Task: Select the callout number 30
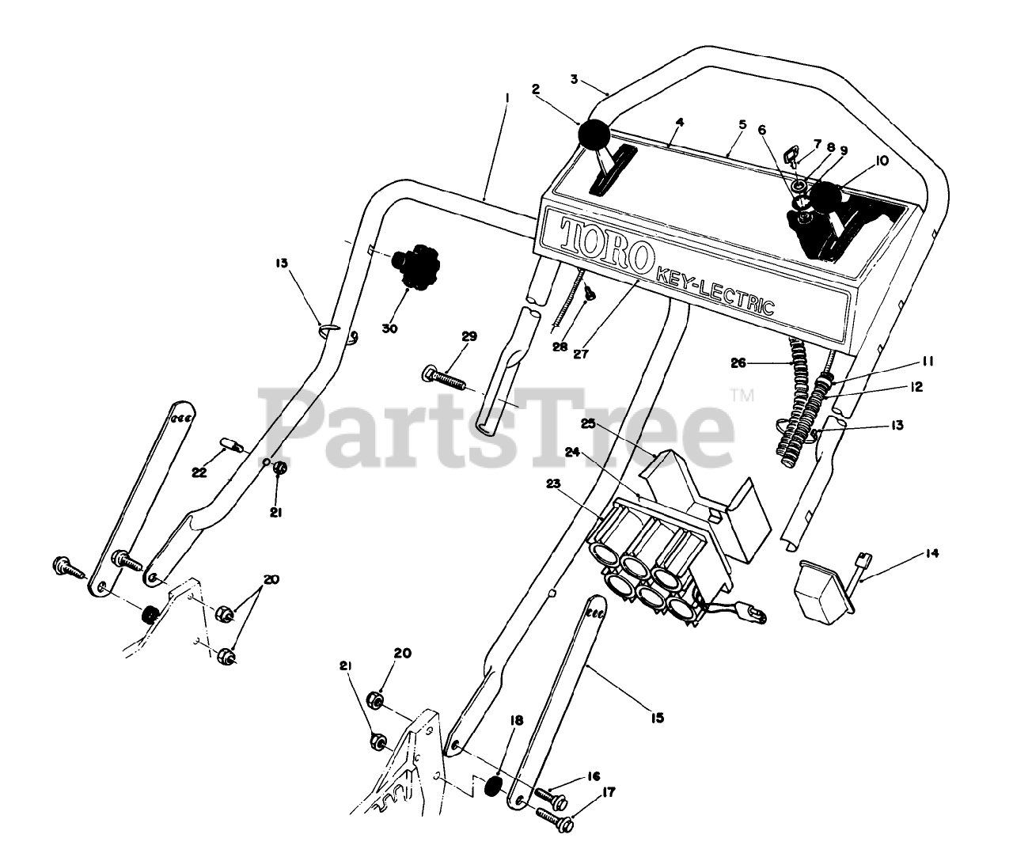(390, 327)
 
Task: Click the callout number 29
(469, 337)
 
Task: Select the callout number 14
(931, 553)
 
